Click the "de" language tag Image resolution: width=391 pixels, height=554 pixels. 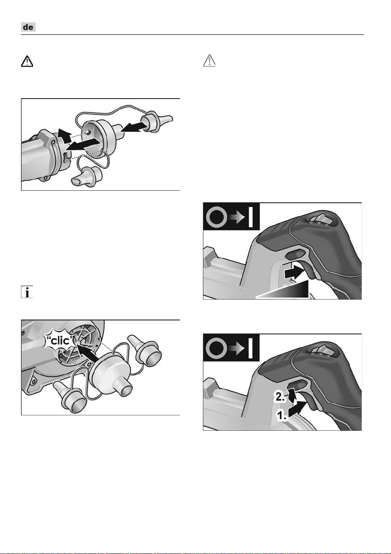click(28, 27)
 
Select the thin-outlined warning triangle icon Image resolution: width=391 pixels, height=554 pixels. click(210, 61)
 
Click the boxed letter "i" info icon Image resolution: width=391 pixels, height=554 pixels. click(27, 292)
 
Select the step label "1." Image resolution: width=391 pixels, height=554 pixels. click(282, 415)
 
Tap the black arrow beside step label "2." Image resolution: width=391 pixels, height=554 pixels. click(292, 395)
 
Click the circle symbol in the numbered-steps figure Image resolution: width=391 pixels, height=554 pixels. click(217, 348)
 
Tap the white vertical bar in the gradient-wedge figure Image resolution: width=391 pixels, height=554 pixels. click(251, 217)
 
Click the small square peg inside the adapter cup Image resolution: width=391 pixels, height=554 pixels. click(88, 132)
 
